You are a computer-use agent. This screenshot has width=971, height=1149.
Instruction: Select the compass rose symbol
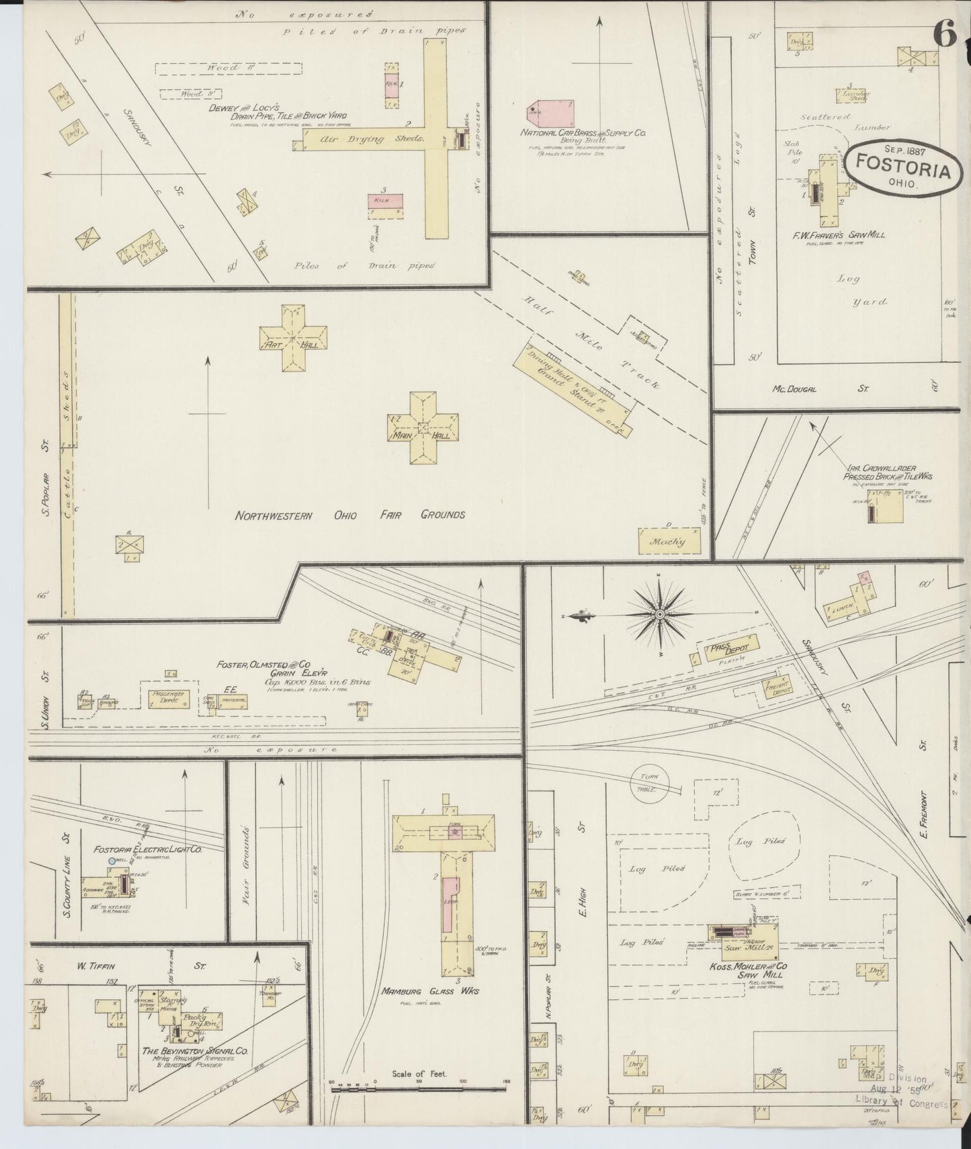659,614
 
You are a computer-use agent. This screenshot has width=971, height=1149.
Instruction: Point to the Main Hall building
423,428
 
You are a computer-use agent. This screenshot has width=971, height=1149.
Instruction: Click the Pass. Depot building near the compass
730,648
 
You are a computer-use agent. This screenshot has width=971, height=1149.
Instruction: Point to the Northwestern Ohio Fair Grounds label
349,515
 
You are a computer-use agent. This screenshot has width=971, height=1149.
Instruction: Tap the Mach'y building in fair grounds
669,541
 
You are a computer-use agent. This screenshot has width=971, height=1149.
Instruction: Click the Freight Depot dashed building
775,687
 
